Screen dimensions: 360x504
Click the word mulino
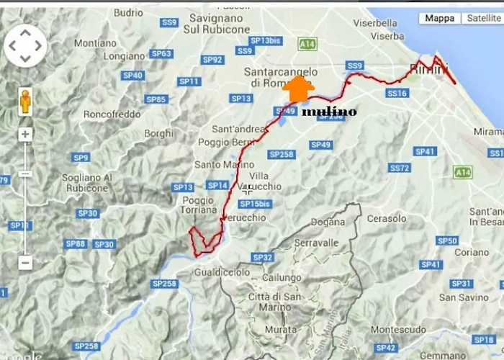click(x=329, y=112)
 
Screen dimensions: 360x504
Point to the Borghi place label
click(x=158, y=133)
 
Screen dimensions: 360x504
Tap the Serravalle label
click(x=315, y=243)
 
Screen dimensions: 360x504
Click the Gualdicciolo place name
click(x=222, y=272)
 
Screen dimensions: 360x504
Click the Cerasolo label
click(x=387, y=218)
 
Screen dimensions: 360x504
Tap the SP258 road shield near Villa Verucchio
click(x=281, y=154)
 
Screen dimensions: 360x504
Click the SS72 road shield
click(x=400, y=168)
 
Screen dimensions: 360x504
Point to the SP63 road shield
click(x=162, y=53)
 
